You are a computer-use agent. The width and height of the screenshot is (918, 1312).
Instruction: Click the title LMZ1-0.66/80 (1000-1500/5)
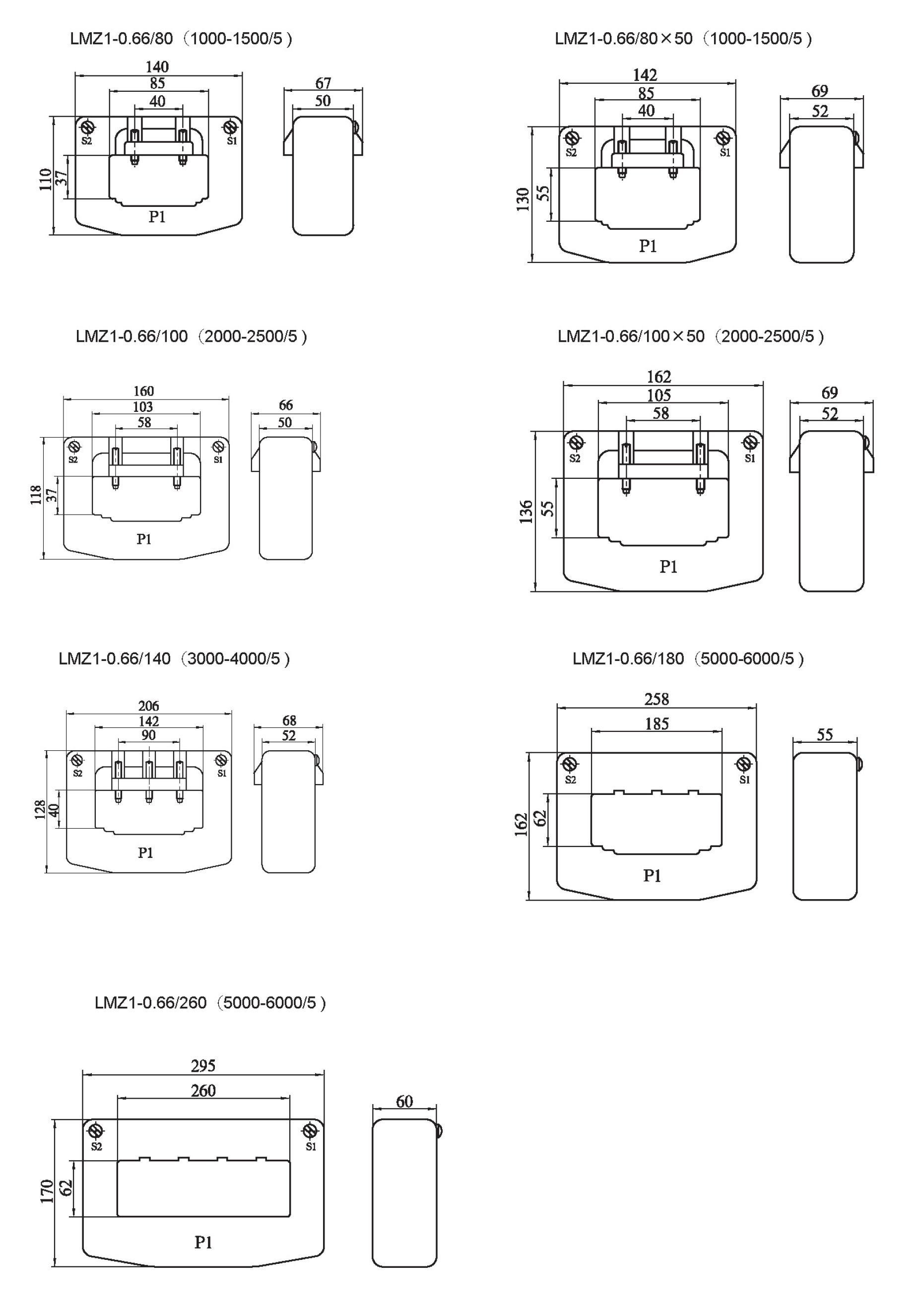pyautogui.click(x=181, y=39)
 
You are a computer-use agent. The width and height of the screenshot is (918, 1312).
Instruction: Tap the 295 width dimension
pyautogui.click(x=203, y=1066)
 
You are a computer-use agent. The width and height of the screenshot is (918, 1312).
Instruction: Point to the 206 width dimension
pyautogui.click(x=148, y=706)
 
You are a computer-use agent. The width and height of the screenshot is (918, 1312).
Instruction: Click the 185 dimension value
pyautogui.click(x=656, y=724)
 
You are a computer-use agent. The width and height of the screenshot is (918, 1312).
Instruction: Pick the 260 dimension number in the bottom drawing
pyautogui.click(x=203, y=1091)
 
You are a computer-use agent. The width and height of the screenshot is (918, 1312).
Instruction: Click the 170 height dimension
pyautogui.click(x=47, y=1191)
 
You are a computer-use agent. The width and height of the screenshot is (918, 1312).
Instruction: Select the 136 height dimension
pyautogui.click(x=526, y=512)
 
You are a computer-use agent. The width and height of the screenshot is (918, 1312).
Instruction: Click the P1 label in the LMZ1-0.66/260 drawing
pyautogui.click(x=203, y=1243)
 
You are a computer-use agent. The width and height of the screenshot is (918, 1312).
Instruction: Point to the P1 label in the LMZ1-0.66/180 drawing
pyautogui.click(x=652, y=876)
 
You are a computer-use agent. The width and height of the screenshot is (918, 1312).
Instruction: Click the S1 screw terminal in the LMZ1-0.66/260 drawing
pyautogui.click(x=310, y=1131)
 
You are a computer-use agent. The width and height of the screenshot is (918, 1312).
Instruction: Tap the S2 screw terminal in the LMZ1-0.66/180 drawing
pyautogui.click(x=570, y=764)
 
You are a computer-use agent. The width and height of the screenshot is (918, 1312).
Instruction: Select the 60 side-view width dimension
pyautogui.click(x=404, y=1101)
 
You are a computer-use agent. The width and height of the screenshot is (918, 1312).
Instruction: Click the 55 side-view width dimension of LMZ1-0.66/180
pyautogui.click(x=824, y=734)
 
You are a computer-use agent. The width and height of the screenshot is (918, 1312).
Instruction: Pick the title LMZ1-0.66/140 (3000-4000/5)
pyautogui.click(x=174, y=659)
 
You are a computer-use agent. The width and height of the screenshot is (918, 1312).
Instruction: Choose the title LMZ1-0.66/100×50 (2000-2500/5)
pyautogui.click(x=691, y=336)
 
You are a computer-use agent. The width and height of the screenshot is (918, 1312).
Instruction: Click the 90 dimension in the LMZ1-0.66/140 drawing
pyautogui.click(x=148, y=735)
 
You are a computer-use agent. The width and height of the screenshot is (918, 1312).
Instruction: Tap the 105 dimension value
pyautogui.click(x=658, y=395)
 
